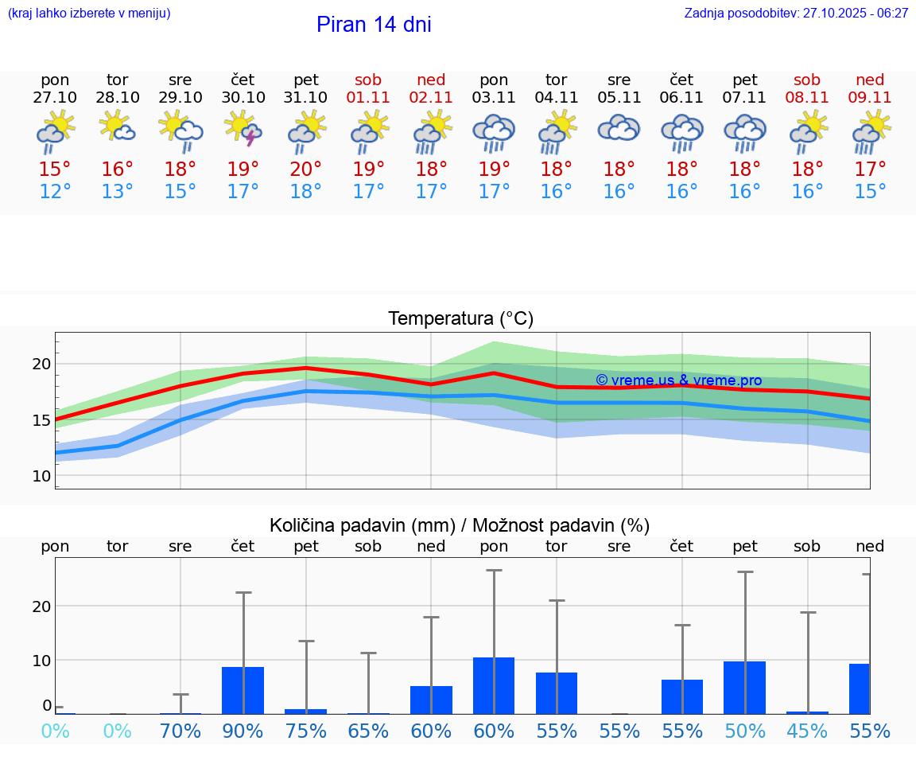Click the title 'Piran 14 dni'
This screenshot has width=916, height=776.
coord(374,25)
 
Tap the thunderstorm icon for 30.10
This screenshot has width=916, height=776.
coord(243,129)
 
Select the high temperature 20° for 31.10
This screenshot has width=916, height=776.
coord(306,169)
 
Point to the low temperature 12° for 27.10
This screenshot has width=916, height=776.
coord(55,192)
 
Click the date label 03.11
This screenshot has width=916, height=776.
coord(494,98)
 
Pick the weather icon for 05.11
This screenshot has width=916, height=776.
coord(619,129)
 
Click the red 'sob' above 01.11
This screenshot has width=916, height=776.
coord(368,80)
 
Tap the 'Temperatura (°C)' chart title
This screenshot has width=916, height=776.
coord(460,319)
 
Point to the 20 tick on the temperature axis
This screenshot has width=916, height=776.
coord(41,365)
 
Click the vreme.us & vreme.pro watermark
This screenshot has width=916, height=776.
coord(678,380)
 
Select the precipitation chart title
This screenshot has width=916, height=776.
coord(460,525)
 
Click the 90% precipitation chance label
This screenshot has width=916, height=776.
coord(243,731)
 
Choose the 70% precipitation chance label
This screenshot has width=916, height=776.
coord(180,731)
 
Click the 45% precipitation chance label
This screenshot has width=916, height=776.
coord(808,731)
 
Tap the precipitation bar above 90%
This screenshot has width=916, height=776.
coord(243,690)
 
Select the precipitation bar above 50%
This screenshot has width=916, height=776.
coord(745,688)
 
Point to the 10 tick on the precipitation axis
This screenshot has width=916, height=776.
coord(41,661)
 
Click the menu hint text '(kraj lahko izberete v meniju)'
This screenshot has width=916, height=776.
coord(89,14)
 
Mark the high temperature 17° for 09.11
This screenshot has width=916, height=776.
coord(871,169)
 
